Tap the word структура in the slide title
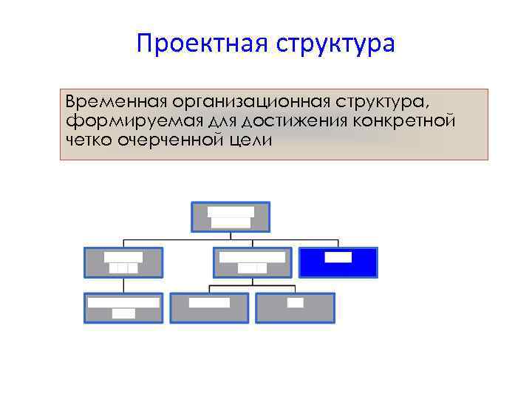coord(335,44)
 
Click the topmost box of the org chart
coord(231,216)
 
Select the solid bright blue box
coord(338,262)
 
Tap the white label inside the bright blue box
coord(338,257)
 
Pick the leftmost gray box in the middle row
coord(123,262)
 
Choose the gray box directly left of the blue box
coord(253,262)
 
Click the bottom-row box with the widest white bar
coord(123,307)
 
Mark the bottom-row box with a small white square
coord(296,307)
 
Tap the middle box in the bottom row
coord(210,307)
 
